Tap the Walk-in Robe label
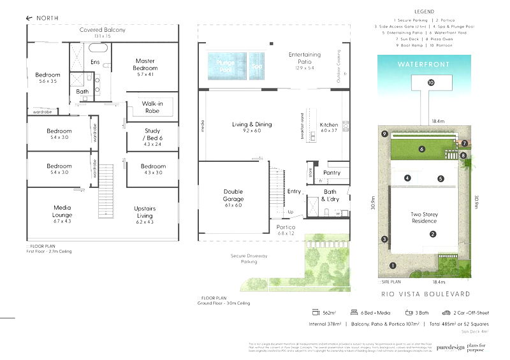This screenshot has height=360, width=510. point(151,107)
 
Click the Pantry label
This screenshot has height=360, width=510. point(331,173)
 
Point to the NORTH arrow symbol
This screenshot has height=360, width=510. point(29,18)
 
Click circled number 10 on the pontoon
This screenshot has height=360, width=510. point(431,83)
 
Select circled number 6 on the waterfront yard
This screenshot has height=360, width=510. point(422,149)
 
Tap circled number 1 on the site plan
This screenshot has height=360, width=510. point(393,265)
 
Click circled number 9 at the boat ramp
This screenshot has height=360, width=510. point(384,134)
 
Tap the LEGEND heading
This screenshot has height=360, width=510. point(423,11)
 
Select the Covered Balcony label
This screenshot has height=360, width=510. point(102,30)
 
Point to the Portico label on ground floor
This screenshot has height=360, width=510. point(286,227)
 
